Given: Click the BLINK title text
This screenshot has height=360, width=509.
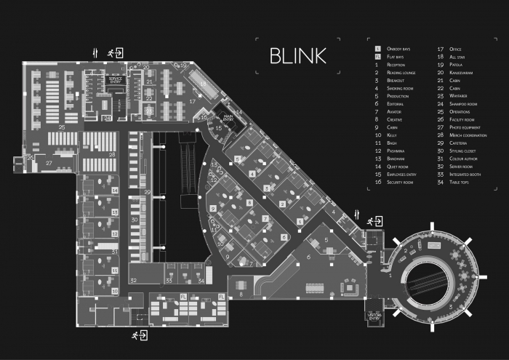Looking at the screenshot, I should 297,56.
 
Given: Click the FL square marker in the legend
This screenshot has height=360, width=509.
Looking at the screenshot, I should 377,57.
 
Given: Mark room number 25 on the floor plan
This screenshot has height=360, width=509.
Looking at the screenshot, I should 63,127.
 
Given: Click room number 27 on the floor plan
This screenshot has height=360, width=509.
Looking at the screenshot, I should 49,164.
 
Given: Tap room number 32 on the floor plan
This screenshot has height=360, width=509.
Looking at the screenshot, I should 133,279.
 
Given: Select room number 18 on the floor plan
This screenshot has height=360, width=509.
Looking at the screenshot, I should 204,82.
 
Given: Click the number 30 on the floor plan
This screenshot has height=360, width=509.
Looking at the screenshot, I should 133,218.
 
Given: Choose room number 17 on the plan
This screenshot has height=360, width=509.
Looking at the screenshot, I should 193,102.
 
